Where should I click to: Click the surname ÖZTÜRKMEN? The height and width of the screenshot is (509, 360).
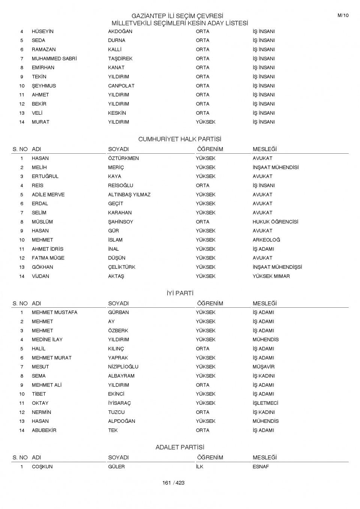123,158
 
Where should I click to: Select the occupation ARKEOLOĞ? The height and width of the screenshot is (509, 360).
266,240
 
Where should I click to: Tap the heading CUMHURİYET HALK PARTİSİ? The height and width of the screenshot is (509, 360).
180,139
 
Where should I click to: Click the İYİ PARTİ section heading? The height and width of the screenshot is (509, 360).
180,293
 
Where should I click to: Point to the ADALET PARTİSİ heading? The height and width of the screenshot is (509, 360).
180,447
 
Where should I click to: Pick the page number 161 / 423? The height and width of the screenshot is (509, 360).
173,483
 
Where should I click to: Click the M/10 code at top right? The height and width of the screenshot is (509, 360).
343,15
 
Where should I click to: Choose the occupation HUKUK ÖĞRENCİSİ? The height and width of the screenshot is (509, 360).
275,222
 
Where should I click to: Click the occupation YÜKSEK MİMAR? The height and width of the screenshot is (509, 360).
271,276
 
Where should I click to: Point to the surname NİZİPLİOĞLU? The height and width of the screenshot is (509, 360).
123,367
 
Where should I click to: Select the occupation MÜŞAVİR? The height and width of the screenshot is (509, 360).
263,367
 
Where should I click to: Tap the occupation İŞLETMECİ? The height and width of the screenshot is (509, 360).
265,403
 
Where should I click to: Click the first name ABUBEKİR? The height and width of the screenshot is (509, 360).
44,430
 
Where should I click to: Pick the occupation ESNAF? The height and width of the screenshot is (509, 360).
261,467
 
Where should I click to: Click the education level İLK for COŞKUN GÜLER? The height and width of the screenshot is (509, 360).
199,467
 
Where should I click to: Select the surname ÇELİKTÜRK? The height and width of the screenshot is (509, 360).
121,267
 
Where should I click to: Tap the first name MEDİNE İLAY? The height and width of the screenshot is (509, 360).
47,340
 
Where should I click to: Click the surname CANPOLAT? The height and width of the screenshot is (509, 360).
121,86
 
